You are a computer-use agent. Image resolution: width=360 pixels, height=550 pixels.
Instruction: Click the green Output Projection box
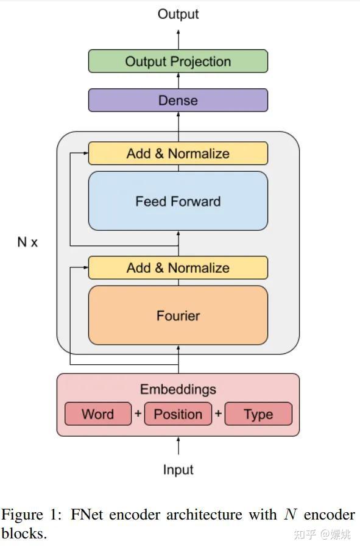point(178,62)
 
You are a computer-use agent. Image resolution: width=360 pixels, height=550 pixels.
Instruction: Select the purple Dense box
point(178,100)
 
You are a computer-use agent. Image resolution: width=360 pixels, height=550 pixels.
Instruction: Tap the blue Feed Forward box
point(178,201)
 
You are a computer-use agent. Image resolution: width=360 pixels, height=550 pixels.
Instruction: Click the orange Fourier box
point(178,316)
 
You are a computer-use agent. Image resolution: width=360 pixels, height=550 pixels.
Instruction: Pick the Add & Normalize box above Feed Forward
point(178,153)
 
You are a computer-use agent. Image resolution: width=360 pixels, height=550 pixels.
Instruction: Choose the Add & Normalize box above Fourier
point(178,268)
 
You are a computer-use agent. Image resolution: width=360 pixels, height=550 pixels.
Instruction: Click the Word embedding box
point(97,414)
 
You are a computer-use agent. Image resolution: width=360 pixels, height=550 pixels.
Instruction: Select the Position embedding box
point(178,414)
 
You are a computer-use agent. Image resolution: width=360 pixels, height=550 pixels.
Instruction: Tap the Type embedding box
point(258,414)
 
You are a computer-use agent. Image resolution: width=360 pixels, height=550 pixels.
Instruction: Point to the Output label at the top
point(178,14)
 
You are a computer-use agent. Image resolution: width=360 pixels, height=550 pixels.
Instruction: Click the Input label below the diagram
point(178,470)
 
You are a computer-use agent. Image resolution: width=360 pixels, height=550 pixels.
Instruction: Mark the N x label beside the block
point(27,242)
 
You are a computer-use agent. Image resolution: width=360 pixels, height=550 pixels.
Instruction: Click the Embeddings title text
point(178,389)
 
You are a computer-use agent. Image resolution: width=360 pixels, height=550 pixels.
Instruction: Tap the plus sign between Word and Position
point(138,414)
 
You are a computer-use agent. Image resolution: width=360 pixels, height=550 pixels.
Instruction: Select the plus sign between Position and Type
point(218,414)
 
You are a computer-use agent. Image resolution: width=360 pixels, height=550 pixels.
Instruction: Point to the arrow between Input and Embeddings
point(178,446)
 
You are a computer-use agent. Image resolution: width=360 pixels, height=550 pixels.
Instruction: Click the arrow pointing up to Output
point(178,38)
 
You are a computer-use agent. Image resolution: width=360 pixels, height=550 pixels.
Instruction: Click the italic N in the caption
point(290,515)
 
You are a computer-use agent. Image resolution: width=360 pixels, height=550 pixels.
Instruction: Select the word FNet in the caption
point(88,515)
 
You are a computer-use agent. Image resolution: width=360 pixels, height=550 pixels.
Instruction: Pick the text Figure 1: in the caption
point(34,515)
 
